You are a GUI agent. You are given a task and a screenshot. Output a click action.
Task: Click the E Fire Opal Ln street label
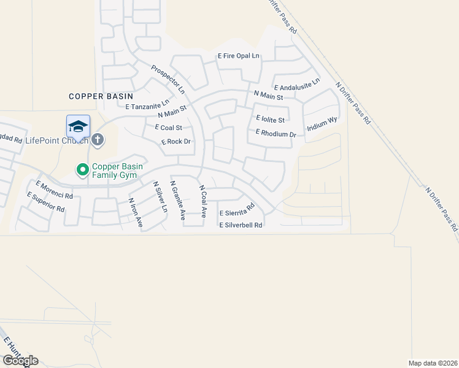[239, 56]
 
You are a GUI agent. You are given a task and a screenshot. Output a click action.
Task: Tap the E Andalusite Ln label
[297, 85]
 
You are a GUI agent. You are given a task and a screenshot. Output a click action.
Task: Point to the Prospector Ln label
[168, 80]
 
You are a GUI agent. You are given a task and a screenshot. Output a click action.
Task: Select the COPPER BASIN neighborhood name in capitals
[101, 96]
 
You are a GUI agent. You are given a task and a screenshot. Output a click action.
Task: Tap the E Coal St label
[168, 128]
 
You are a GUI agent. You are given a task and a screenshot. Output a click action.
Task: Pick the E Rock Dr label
[176, 142]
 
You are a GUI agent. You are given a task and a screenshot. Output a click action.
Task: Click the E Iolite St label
[271, 119]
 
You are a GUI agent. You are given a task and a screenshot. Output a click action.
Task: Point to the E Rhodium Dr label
[276, 133]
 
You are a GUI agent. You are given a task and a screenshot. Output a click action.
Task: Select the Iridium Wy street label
[322, 123]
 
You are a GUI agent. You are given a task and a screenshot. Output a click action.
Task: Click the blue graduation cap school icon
[78, 126]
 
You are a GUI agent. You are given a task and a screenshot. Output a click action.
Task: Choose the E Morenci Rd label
[54, 190]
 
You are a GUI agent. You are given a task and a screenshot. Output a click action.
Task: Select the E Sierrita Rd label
[236, 210]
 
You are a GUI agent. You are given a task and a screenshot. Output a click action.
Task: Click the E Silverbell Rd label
[241, 225]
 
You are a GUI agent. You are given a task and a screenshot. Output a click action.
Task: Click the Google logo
[20, 361]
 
